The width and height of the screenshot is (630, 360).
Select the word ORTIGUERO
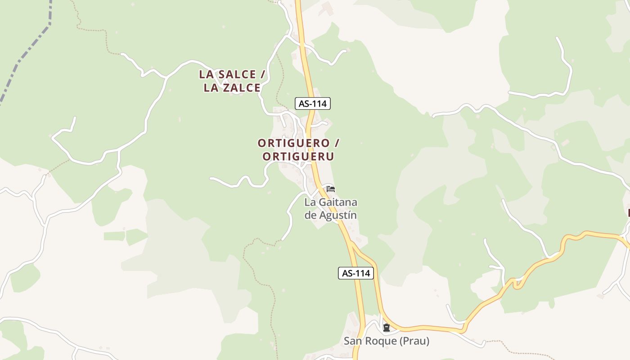tap(294, 143)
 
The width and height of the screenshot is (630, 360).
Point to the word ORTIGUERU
tap(298, 157)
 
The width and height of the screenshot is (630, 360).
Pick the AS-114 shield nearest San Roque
tap(356, 273)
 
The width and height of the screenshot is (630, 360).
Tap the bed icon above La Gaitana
tap(331, 189)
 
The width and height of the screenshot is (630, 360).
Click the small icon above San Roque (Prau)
tap(386, 328)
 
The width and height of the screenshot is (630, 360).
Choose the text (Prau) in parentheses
tap(414, 341)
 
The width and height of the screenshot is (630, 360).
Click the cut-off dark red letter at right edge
tap(628, 212)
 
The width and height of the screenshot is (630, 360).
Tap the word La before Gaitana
tap(310, 202)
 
